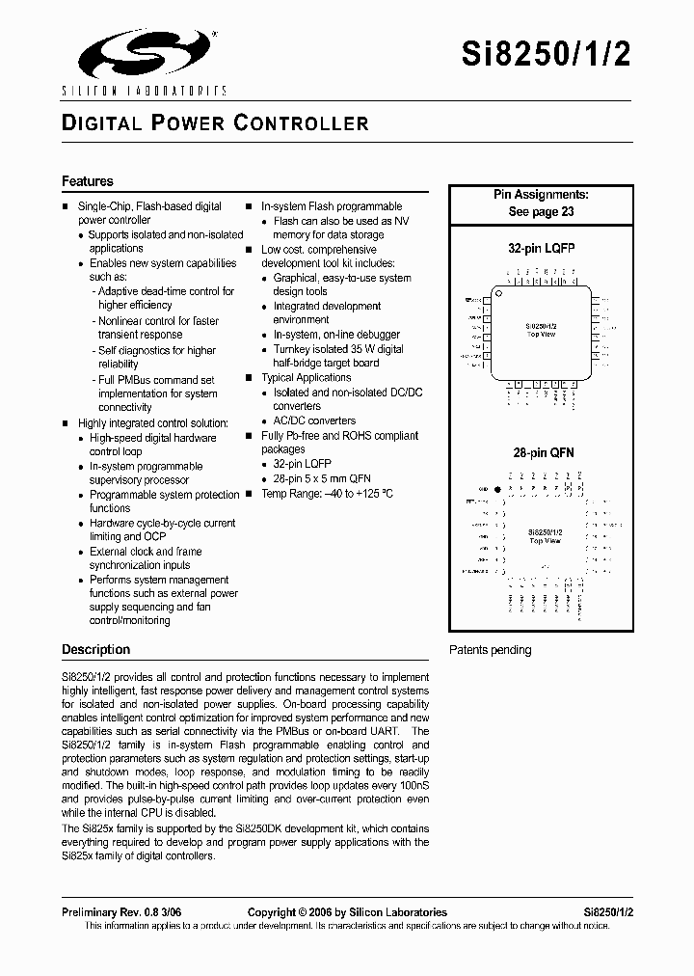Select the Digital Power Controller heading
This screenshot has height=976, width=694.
click(x=215, y=123)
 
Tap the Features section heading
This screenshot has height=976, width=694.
click(x=88, y=181)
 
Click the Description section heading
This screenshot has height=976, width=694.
click(x=95, y=649)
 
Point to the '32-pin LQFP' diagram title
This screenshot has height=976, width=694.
click(x=541, y=248)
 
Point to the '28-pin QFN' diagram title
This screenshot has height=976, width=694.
click(x=543, y=452)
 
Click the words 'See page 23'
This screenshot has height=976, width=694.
click(x=541, y=211)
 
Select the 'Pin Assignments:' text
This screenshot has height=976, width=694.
click(x=541, y=195)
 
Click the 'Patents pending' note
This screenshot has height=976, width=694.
click(x=490, y=650)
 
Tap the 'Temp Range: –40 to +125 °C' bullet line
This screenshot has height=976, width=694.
click(x=327, y=493)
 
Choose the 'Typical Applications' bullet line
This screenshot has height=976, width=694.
click(x=306, y=377)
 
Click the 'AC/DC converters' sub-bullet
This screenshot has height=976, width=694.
click(x=314, y=420)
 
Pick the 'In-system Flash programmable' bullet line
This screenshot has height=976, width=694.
click(x=332, y=206)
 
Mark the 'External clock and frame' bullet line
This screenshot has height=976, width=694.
click(x=146, y=552)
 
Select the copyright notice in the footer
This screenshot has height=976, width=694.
click(x=347, y=911)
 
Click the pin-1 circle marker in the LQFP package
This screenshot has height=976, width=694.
click(x=499, y=292)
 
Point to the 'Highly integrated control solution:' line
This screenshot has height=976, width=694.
click(x=152, y=423)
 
